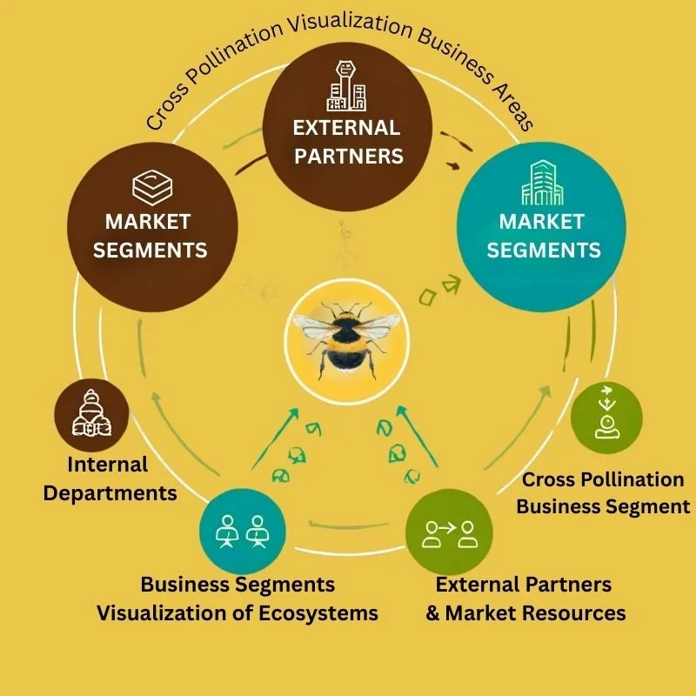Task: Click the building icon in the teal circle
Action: (x=542, y=184)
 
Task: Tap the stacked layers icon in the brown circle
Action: (x=149, y=187)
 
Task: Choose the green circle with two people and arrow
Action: (x=449, y=532)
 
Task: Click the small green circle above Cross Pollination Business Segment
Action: (x=606, y=418)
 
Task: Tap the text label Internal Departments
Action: (x=110, y=479)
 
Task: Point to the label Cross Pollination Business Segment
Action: (x=603, y=492)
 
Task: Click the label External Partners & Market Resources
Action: (x=525, y=599)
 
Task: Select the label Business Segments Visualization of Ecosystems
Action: (x=238, y=599)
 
